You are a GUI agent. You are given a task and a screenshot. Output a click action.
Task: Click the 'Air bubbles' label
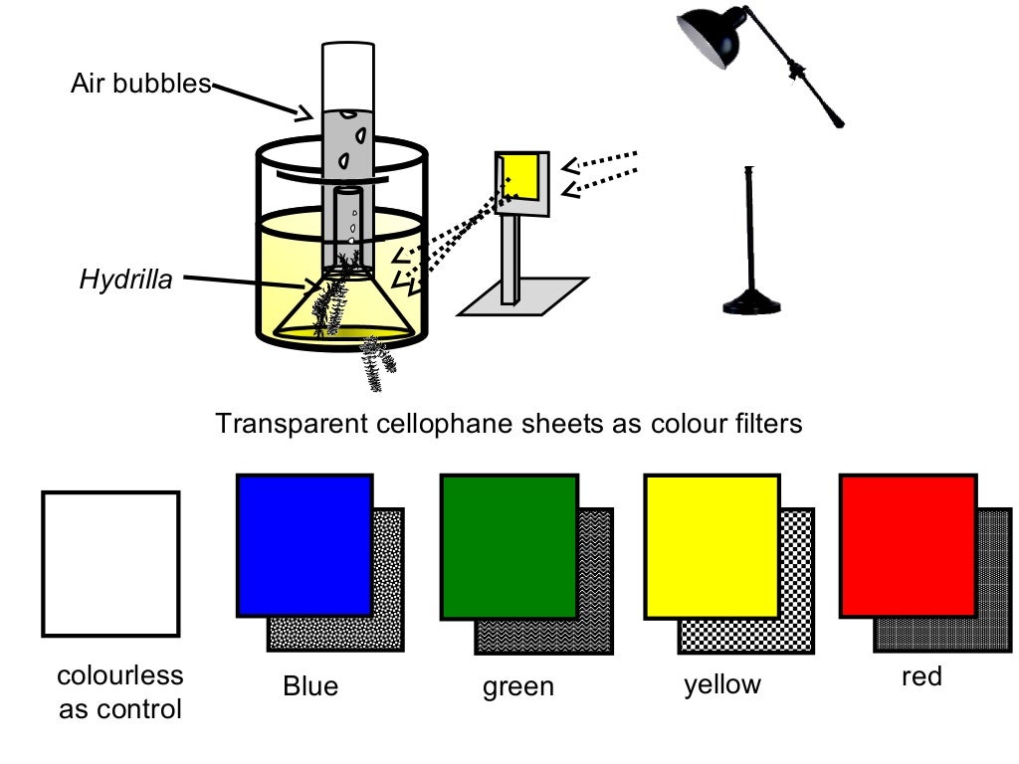139,84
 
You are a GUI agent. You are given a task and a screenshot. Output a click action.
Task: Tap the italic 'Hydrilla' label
125,280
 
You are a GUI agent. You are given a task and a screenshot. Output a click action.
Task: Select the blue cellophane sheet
305,544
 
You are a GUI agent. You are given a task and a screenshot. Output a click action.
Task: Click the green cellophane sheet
509,546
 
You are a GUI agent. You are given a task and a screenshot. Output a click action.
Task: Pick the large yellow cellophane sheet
712,546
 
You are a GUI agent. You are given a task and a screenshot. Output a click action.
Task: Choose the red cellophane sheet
908,545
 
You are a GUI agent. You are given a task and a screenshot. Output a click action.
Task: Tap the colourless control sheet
110,563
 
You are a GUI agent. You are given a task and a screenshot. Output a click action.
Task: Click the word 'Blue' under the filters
310,686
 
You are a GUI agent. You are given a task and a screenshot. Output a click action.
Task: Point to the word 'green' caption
517,686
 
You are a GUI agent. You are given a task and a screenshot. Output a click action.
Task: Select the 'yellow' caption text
721,684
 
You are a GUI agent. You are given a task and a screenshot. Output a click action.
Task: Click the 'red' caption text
920,676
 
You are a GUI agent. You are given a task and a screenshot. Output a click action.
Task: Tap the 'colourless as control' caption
120,692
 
